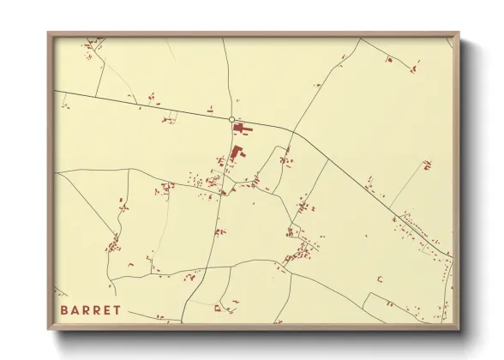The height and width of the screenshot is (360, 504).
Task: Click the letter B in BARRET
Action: (64, 310)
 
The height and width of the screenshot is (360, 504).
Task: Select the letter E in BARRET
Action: (105, 310)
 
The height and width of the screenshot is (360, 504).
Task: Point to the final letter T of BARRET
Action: (116, 310)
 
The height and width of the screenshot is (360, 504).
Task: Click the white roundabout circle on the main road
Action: (231, 120)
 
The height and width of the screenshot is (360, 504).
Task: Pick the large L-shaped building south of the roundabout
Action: (236, 154)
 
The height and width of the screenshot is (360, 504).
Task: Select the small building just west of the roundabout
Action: (209, 108)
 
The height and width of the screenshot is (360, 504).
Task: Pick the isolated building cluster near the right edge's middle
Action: (426, 164)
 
